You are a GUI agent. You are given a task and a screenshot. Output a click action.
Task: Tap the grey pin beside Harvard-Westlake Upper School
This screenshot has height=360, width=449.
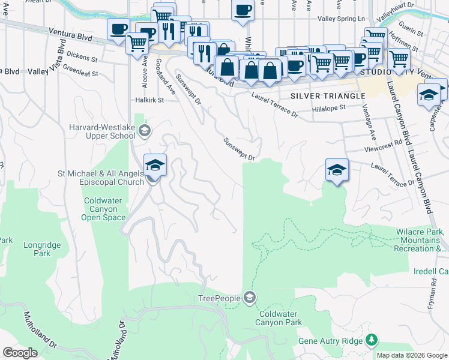143,130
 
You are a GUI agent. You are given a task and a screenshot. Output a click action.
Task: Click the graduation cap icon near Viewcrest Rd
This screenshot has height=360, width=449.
337,170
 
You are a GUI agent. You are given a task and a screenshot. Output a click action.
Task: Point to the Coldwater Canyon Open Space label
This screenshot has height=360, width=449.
104,209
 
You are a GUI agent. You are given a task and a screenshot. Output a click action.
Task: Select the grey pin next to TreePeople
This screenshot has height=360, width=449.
250,298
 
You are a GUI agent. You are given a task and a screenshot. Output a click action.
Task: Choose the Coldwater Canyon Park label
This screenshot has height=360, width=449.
280,318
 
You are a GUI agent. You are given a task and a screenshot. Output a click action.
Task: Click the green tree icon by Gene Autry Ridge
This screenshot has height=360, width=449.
372,341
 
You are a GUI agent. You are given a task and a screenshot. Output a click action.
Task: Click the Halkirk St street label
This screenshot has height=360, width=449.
149,100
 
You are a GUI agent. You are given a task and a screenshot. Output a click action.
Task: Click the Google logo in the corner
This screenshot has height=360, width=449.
20,353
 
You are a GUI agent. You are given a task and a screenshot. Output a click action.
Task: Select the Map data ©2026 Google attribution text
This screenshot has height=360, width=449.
411,355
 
